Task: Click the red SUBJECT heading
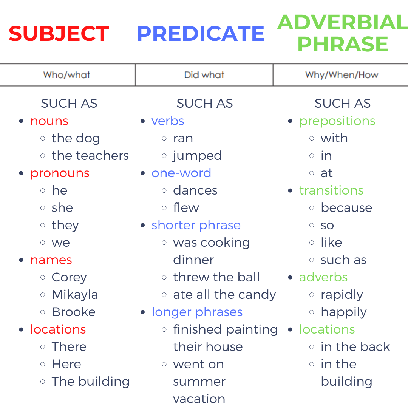tap(59, 34)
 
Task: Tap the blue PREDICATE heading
tap(201, 34)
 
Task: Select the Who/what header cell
tap(67, 75)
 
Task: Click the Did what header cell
tap(204, 75)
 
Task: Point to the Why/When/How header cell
tap(342, 75)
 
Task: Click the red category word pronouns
tap(60, 173)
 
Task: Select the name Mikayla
tap(75, 295)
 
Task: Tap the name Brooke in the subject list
tap(74, 312)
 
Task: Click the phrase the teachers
tap(90, 156)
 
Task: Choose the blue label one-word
tap(181, 173)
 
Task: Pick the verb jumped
tap(197, 156)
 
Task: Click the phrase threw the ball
tap(216, 277)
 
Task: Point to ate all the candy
tap(224, 295)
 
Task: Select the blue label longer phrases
tap(197, 312)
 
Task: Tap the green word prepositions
tap(337, 121)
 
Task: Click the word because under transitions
tap(346, 208)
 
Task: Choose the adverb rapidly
tap(342, 295)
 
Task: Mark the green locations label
tap(327, 329)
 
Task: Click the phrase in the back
tap(355, 347)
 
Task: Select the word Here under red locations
tap(66, 364)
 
